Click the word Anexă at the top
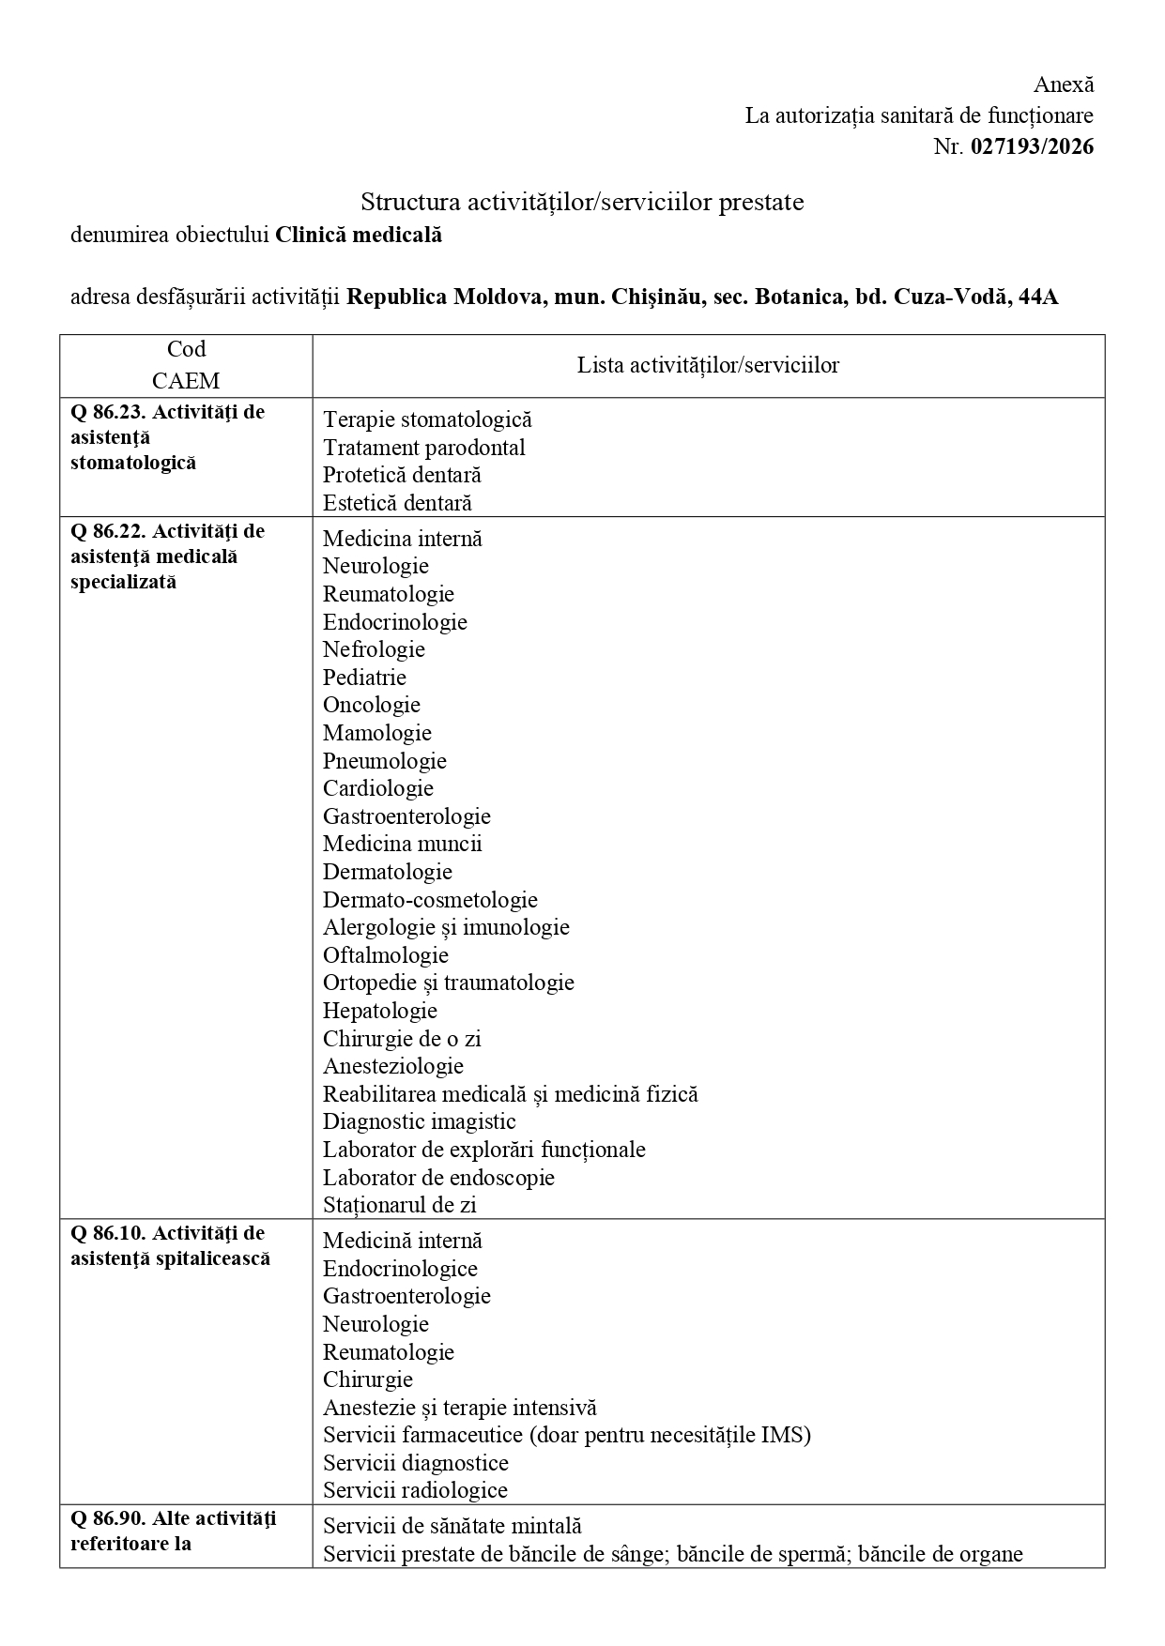pos(1064,84)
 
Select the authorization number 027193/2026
pos(1032,146)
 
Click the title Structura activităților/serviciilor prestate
pos(582,202)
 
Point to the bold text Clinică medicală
pos(359,235)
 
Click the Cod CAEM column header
pos(186,365)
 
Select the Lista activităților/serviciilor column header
pos(708,365)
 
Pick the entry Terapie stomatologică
pos(427,419)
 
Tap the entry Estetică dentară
pos(397,502)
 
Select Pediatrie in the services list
pos(364,677)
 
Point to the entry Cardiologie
pos(378,787)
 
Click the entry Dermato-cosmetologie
pos(430,899)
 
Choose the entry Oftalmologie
pos(386,954)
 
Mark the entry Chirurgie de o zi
pos(402,1038)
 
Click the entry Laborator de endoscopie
pos(438,1177)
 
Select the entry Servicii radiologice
pos(415,1489)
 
